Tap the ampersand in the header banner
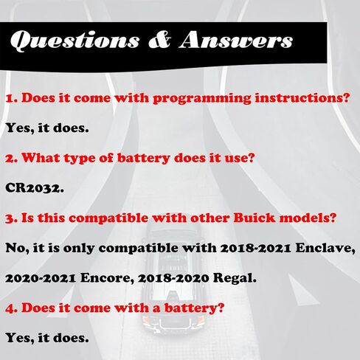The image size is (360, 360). point(159,40)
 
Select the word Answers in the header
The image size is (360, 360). point(236,39)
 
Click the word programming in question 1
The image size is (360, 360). point(202,99)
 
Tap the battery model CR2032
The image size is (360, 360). point(35,188)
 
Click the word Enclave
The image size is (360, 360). point(325,249)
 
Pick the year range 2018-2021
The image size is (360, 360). point(255,249)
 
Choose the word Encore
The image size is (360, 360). point(107,279)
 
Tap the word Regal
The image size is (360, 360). point(235,279)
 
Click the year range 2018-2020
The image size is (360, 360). point(173,279)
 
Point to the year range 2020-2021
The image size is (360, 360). point(41,279)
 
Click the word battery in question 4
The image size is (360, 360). point(194,308)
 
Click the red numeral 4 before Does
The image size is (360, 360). point(10,309)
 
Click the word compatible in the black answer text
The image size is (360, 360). point(138,249)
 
